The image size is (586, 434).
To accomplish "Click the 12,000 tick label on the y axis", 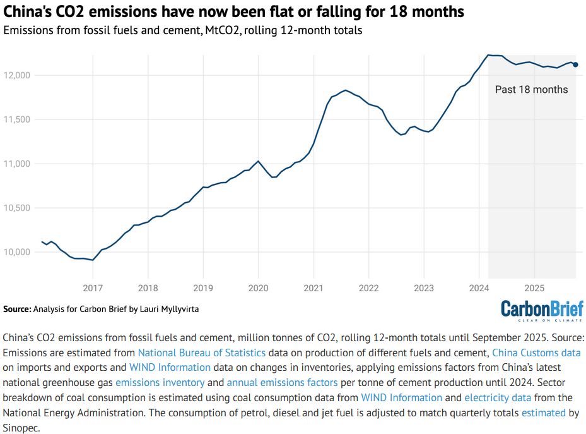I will tap(17, 75).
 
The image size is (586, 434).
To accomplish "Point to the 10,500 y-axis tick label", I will tap(17, 208).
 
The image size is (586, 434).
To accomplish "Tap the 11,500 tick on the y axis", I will tap(17, 119).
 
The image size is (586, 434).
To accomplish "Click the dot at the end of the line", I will tap(575, 64).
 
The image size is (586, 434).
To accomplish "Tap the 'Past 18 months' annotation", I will tap(531, 90).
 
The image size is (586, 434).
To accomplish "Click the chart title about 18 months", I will tap(234, 11).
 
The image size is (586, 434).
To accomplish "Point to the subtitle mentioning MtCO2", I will tap(183, 30).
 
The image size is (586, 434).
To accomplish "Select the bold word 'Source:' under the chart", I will tap(17, 310).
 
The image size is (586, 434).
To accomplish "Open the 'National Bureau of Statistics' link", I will tap(202, 353).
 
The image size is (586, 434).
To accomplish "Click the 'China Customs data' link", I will tap(536, 353).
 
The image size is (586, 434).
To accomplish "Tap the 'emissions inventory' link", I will tap(160, 382).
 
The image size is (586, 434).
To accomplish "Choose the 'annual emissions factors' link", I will tap(282, 382).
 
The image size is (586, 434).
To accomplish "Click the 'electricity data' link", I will tap(498, 397).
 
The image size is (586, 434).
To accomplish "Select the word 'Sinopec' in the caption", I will tap(21, 428).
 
